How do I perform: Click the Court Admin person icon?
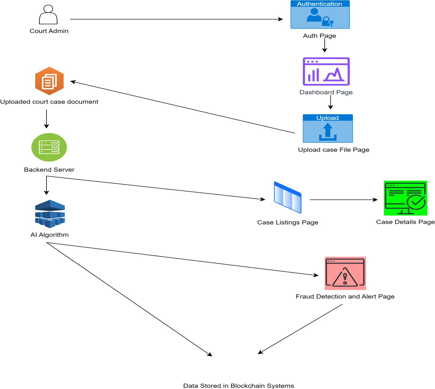[48, 15]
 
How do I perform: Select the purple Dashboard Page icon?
[326, 72]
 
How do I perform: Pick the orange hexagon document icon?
[49, 81]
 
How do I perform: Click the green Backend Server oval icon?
[49, 147]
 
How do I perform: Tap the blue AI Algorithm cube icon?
[50, 214]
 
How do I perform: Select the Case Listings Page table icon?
[288, 198]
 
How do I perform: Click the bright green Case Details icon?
[405, 198]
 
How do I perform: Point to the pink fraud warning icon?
[345, 273]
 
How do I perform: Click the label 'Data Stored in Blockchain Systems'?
[238, 385]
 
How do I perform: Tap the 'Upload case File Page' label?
[333, 150]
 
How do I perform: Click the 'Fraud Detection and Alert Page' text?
[345, 297]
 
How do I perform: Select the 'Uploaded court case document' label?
[49, 102]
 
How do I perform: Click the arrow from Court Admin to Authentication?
[176, 19]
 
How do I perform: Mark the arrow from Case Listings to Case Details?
[343, 200]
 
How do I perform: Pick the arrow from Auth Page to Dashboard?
[325, 46]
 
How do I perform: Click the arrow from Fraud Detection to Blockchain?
[300, 329]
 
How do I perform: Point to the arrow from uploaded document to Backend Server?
[46, 119]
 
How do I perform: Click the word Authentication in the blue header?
[319, 4]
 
